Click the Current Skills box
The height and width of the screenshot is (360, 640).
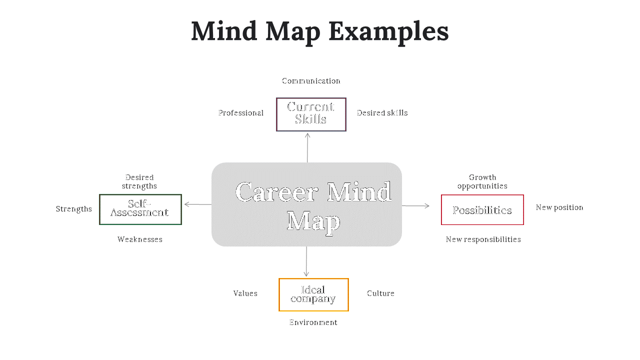pos(311,114)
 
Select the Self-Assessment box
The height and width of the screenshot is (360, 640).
pos(140,209)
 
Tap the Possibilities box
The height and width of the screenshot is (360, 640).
pos(482,210)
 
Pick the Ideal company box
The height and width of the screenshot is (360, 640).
pos(313,294)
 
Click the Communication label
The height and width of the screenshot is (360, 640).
pos(311,81)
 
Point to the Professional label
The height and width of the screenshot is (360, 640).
pos(241,113)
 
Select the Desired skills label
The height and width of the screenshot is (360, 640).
pos(382,113)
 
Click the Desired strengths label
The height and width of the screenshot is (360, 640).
pos(139,181)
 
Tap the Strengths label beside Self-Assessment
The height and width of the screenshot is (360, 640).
pos(74,209)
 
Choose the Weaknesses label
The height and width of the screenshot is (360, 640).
pos(140,239)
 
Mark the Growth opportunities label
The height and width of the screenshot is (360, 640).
pos(482,181)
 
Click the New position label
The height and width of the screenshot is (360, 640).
pos(559,207)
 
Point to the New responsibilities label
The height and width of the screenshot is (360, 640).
pos(483,239)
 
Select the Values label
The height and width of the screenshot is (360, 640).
pos(245,293)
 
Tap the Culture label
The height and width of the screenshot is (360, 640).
pos(380,293)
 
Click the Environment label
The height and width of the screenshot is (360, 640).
pos(313,322)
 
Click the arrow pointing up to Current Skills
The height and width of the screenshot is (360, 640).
pos(307,147)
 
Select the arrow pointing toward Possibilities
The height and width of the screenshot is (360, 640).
pos(415,205)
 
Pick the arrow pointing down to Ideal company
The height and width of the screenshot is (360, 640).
pos(306,261)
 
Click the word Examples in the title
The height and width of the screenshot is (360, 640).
pos(388,31)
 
